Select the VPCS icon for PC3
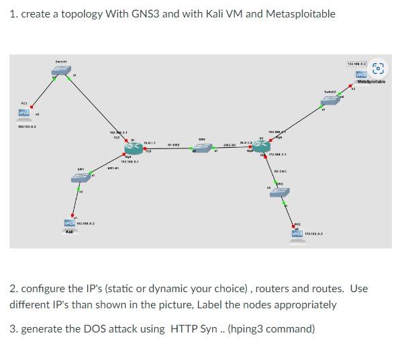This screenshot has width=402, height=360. pyautogui.click(x=24, y=112)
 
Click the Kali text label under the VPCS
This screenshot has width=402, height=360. pyautogui.click(x=70, y=232)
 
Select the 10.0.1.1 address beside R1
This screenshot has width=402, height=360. pyautogui.click(x=150, y=142)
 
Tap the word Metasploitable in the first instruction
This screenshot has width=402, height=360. pyautogui.click(x=297, y=14)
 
